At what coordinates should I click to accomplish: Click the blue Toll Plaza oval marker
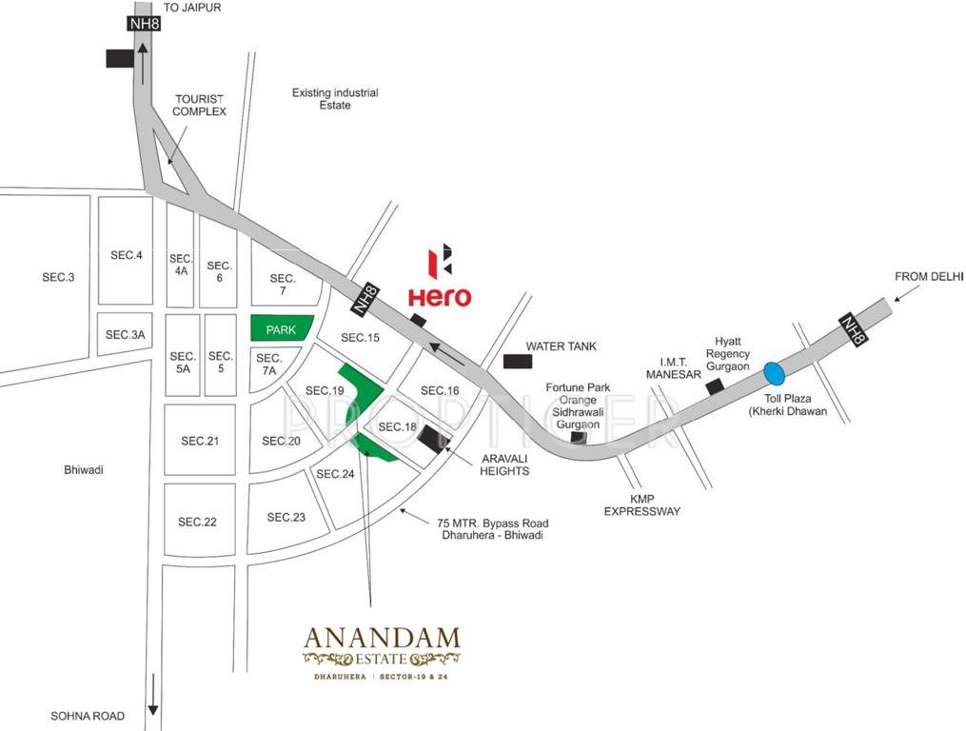tap(775, 370)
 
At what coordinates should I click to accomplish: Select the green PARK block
tap(282, 328)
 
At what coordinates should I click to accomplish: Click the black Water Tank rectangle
tap(518, 362)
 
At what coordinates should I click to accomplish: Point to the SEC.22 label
tap(197, 522)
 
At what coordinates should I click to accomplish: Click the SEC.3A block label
tap(125, 334)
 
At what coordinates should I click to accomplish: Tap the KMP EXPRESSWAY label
tap(642, 504)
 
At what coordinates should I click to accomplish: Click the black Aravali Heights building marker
tap(434, 439)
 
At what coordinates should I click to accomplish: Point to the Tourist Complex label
tap(199, 105)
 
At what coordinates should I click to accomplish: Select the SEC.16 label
tap(440, 390)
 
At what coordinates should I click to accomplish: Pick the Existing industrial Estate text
tap(335, 99)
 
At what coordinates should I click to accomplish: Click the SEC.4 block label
tap(126, 254)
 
